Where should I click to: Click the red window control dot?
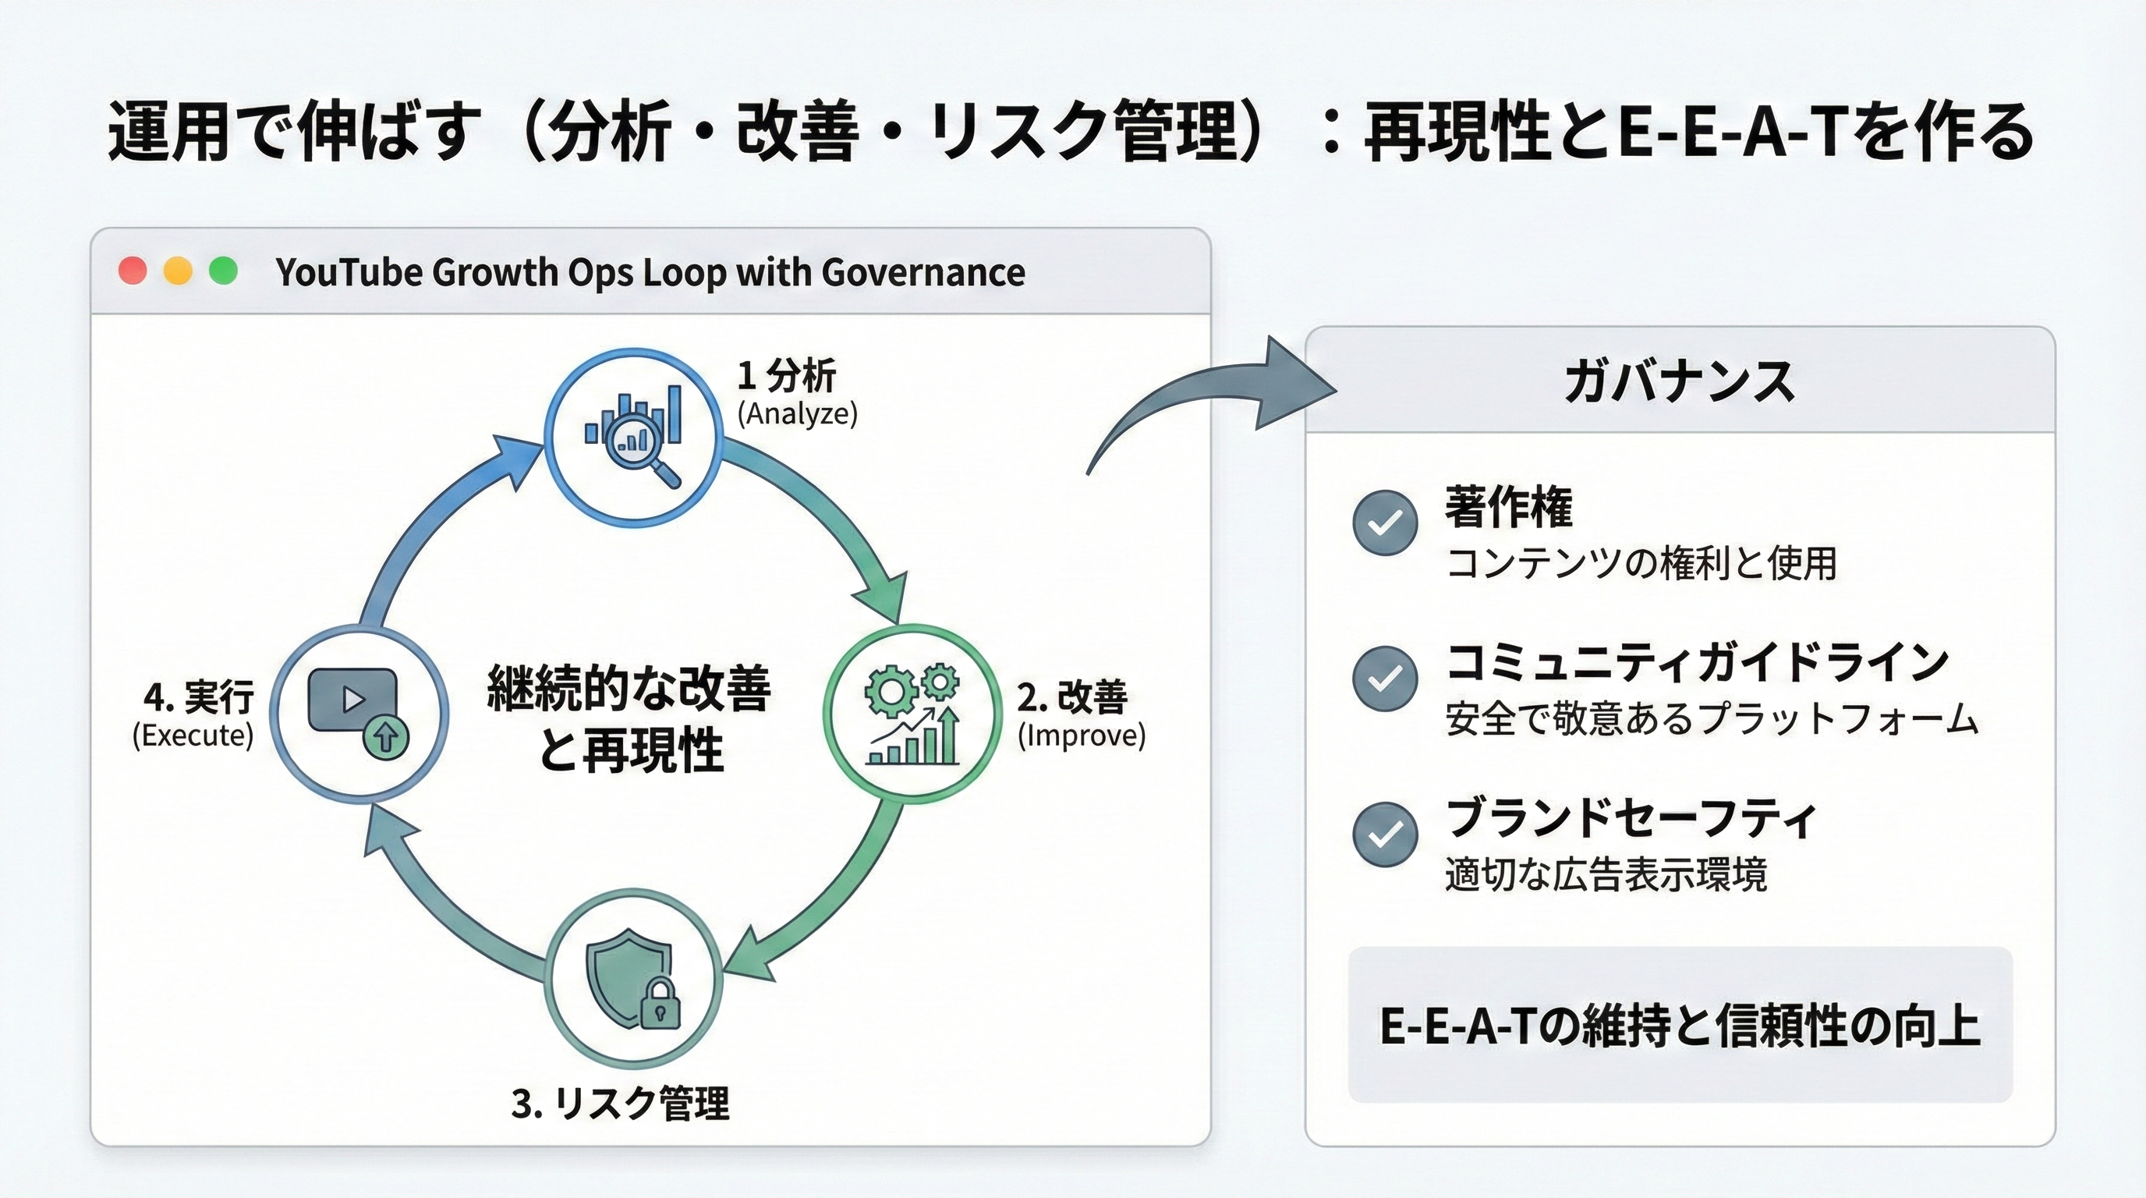tap(133, 271)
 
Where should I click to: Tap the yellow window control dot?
tap(178, 271)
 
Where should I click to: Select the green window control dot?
tap(222, 271)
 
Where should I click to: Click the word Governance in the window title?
tap(923, 272)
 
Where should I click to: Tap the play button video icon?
tap(353, 700)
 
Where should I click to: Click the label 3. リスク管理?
tap(621, 1104)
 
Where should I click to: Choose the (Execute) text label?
tap(193, 735)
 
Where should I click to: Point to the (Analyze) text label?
tap(797, 414)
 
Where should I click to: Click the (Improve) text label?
tap(1082, 735)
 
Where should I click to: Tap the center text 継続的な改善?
tap(629, 688)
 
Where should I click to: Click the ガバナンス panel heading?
tap(1679, 382)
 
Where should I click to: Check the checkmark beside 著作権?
tap(1385, 523)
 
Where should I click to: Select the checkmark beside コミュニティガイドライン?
tap(1385, 678)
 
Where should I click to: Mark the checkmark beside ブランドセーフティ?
tap(1385, 834)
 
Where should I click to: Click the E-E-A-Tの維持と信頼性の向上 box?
tap(1680, 1025)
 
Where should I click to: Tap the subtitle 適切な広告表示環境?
tap(1606, 876)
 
